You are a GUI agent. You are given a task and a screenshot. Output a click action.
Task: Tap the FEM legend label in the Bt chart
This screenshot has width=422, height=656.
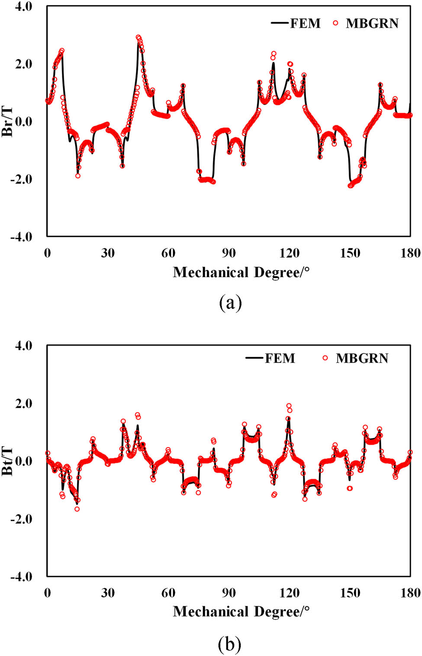pos(280,358)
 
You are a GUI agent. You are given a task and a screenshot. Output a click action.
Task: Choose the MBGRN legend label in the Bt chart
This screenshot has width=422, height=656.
pos(362,358)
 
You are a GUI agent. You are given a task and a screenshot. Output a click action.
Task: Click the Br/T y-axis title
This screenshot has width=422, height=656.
pos(7,121)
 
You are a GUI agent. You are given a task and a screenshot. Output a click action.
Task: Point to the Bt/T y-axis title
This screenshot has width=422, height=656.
pos(7,461)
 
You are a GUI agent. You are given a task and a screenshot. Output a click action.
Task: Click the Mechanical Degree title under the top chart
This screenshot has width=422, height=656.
pos(241,272)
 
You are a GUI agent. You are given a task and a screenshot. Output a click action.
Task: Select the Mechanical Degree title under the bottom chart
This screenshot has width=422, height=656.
pos(241,611)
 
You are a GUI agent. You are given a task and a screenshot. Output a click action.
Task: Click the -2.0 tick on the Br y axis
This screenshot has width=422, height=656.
pos(21,179)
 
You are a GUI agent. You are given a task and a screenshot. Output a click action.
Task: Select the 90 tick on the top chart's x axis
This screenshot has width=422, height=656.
pos(229,253)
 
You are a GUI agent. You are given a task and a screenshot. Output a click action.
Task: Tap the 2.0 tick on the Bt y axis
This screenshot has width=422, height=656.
pos(23,404)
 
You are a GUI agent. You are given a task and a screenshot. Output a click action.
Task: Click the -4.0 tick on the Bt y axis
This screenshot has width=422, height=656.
pos(21,577)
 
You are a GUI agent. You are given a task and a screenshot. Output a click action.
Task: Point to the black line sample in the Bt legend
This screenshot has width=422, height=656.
pos(254,358)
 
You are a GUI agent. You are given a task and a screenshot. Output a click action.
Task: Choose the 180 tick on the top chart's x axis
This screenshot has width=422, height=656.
pos(410,253)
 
